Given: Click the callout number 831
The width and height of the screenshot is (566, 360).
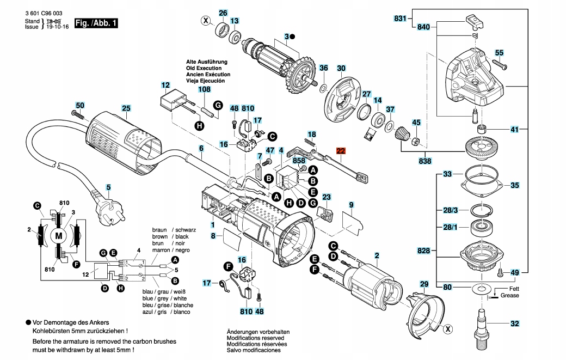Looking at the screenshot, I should tap(400, 19).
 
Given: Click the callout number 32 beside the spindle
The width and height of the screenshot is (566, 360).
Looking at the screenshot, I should tap(515, 324).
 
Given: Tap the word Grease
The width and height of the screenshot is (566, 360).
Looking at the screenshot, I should tap(510, 295).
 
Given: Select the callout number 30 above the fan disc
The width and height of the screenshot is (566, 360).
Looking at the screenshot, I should tap(341, 69).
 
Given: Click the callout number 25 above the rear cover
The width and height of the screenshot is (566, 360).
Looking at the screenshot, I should tap(126, 108).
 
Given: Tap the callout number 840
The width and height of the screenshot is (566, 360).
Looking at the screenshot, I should tap(423, 27).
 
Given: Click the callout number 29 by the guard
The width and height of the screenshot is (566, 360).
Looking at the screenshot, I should tap(424, 284).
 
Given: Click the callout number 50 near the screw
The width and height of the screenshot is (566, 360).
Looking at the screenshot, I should tap(80, 105).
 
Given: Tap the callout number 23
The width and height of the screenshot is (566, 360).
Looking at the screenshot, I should tap(327, 197).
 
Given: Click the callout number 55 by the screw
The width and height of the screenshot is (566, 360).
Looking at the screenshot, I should tap(499, 53).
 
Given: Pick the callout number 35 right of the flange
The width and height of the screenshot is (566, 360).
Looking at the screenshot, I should tap(515, 185).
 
